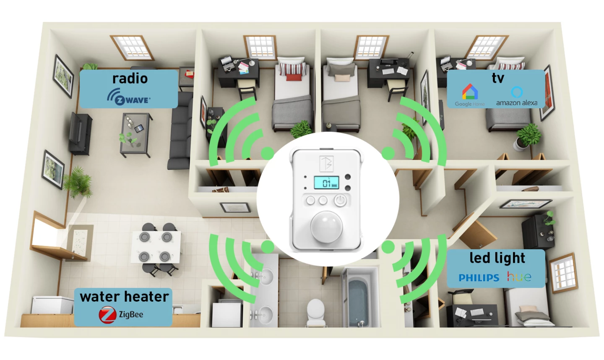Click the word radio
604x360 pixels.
coord(130,78)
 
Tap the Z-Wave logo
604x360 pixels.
coord(129,97)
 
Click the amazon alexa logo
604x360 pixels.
coord(517,97)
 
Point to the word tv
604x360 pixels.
coord(498,78)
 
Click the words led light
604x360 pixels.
coord(497,258)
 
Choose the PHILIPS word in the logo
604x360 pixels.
coord(479,278)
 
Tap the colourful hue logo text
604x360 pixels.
coord(519,277)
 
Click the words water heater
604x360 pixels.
coord(124,297)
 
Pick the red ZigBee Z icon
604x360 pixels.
coord(107,315)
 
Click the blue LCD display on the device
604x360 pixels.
coord(326,183)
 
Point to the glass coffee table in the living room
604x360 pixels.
coord(135,134)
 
